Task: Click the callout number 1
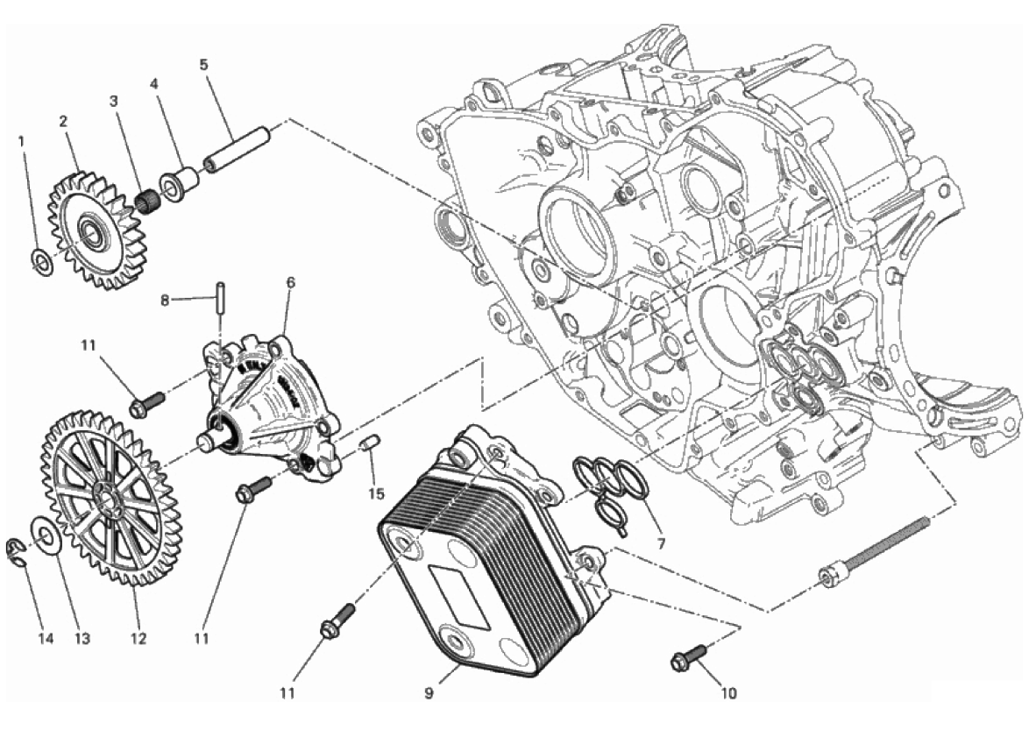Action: (x=21, y=141)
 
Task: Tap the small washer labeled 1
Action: (x=42, y=263)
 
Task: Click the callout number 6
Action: (x=290, y=283)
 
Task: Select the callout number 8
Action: (x=165, y=301)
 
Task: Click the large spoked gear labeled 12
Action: (x=109, y=499)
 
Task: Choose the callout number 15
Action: (x=376, y=493)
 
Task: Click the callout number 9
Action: (x=429, y=694)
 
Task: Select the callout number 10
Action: (x=728, y=694)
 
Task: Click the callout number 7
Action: (x=661, y=544)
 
